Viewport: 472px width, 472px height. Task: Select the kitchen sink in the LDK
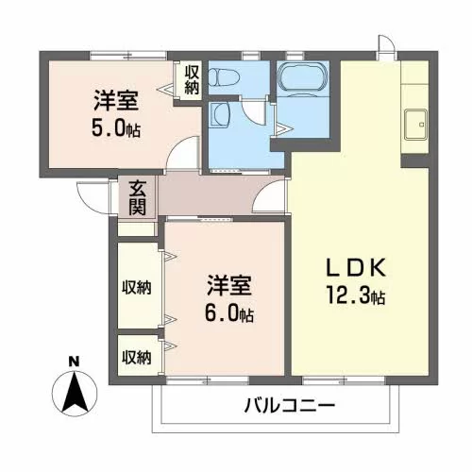(x=415, y=125)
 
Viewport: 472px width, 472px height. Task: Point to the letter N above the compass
(x=75, y=362)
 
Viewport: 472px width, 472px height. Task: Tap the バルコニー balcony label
(x=289, y=405)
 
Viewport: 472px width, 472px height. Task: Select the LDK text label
(x=356, y=267)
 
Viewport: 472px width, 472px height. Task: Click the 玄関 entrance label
(x=138, y=198)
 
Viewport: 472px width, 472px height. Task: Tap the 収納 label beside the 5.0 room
(x=192, y=80)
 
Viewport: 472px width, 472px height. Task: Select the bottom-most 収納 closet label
(x=137, y=357)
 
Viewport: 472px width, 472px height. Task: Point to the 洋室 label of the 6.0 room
(x=229, y=285)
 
